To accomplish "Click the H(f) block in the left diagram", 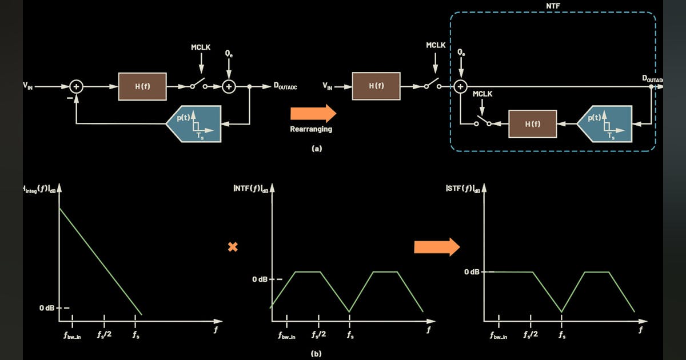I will pyautogui.click(x=142, y=86).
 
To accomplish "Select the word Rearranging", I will pyautogui.click(x=311, y=129).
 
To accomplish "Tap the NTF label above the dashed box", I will pyautogui.click(x=553, y=5).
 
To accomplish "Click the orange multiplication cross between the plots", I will pyautogui.click(x=233, y=247).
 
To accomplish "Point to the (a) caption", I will pyautogui.click(x=316, y=148).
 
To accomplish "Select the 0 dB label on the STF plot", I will pyautogui.click(x=472, y=271).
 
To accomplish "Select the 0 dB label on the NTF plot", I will pyautogui.click(x=260, y=279).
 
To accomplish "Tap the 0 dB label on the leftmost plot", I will pyautogui.click(x=47, y=308).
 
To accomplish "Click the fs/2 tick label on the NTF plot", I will pyautogui.click(x=318, y=334).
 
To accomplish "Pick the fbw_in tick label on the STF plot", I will pyautogui.click(x=498, y=336).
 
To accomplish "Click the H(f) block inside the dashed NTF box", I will pyautogui.click(x=532, y=123).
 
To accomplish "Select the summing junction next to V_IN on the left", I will pyautogui.click(x=77, y=86).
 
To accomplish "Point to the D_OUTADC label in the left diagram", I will pyautogui.click(x=285, y=87).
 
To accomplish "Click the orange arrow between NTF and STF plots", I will pyautogui.click(x=437, y=247).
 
